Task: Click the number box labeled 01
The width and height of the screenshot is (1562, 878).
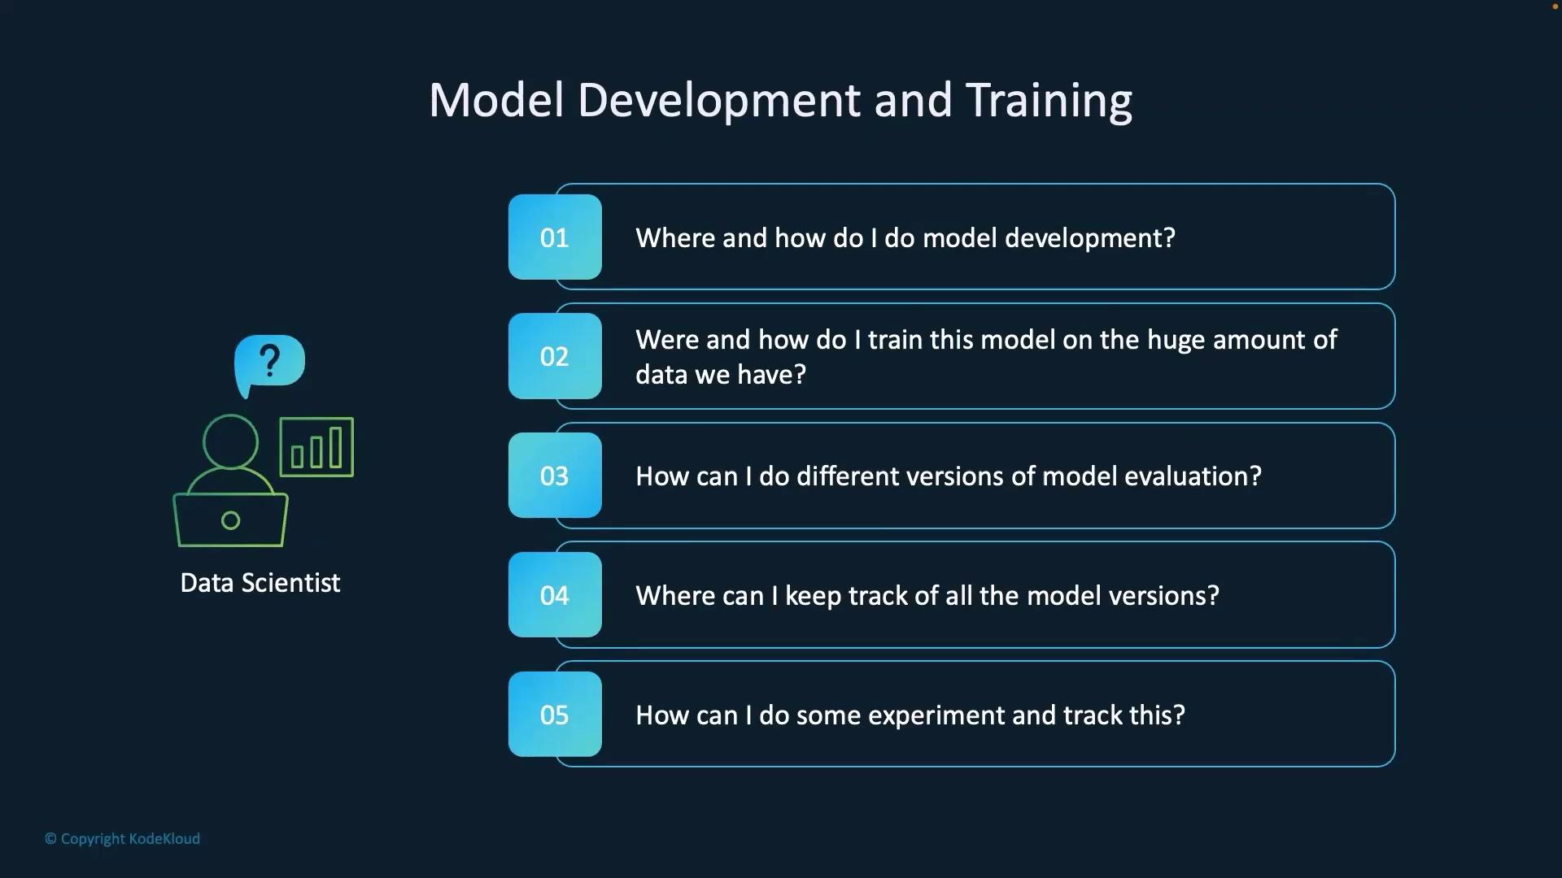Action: (x=555, y=237)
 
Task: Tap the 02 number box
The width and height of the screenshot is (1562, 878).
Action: (x=555, y=356)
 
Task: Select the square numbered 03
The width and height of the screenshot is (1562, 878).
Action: (x=555, y=476)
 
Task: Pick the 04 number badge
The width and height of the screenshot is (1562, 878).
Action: (x=555, y=595)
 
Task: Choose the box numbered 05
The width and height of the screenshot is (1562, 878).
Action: (x=555, y=715)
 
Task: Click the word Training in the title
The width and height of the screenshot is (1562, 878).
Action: (x=1049, y=102)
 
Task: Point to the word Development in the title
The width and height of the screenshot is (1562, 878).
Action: (x=719, y=102)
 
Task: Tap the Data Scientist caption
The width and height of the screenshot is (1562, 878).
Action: (x=260, y=583)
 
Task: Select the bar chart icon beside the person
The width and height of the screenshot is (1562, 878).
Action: (x=316, y=447)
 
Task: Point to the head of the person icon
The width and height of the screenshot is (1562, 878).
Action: (x=230, y=441)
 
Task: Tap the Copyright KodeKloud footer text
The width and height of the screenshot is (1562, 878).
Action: (x=122, y=839)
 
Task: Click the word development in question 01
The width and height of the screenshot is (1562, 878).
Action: (x=1090, y=238)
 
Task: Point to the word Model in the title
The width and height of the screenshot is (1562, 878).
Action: (x=496, y=101)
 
